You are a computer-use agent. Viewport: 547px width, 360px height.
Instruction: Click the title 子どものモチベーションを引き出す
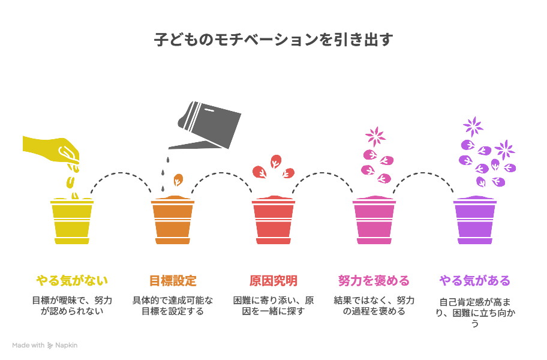(x=273, y=40)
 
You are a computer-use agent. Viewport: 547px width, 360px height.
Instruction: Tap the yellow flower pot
(x=72, y=221)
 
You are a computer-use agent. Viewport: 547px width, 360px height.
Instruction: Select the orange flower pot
(x=173, y=220)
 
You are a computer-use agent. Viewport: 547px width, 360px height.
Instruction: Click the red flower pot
(x=273, y=220)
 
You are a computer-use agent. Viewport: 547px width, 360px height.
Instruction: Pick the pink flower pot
(x=374, y=220)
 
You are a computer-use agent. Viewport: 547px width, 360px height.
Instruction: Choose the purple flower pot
(x=475, y=220)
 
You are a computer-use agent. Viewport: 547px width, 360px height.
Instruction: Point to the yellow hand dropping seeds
(x=52, y=150)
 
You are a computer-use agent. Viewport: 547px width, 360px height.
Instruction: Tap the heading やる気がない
(x=72, y=280)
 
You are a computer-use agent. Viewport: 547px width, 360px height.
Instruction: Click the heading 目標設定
(x=173, y=280)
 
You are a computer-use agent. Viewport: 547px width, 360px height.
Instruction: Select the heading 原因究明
(x=273, y=280)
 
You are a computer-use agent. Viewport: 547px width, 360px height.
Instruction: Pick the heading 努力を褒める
(x=374, y=280)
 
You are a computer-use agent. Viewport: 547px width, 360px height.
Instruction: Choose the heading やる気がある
(x=475, y=280)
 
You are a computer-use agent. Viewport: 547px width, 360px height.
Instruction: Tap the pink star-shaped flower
(x=375, y=136)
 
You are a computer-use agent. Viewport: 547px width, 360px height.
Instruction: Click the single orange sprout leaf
(x=178, y=180)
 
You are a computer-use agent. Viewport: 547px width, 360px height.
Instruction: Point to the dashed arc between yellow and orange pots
(x=121, y=173)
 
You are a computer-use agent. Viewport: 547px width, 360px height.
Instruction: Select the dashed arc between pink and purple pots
(x=423, y=173)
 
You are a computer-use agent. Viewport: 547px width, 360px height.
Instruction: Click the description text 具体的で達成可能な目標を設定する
(x=173, y=305)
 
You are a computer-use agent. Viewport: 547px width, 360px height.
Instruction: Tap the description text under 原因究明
(x=273, y=305)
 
